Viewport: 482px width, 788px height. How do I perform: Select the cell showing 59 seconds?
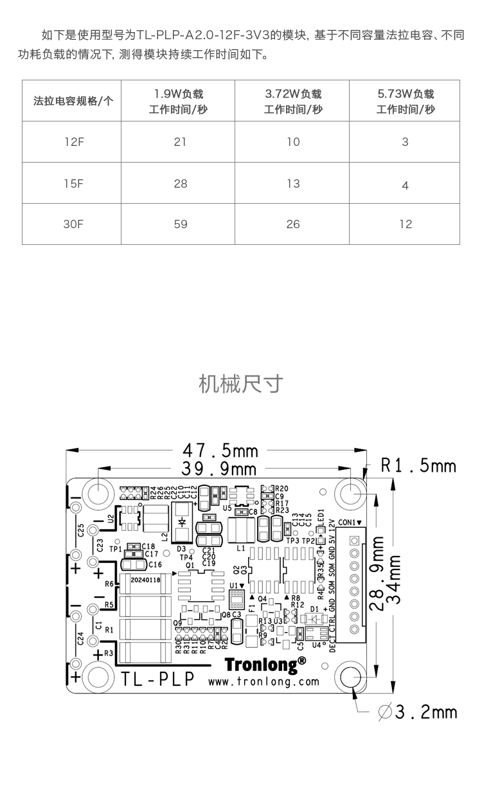(x=181, y=224)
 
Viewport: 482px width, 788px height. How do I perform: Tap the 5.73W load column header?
(x=406, y=102)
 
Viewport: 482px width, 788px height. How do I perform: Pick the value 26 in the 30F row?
(x=293, y=224)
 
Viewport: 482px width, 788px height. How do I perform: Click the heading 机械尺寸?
(x=241, y=384)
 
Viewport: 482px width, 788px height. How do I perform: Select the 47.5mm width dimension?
(x=220, y=449)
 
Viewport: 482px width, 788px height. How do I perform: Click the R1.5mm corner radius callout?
(x=418, y=465)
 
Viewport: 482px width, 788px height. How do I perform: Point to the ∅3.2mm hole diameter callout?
(x=418, y=712)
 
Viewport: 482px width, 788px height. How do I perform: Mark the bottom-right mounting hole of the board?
(x=352, y=677)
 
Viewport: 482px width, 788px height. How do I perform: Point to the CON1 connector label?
(x=350, y=522)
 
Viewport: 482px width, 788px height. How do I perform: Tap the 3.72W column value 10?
(x=293, y=141)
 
